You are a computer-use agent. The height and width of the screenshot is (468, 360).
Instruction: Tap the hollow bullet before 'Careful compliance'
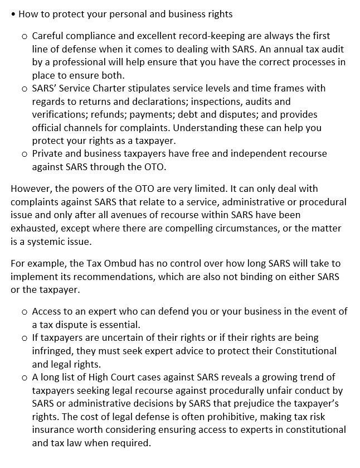[x=24, y=36]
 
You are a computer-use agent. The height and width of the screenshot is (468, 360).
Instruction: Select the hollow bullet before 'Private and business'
[x=24, y=154]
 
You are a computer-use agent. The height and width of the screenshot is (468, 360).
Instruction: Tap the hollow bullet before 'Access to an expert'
[x=24, y=312]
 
